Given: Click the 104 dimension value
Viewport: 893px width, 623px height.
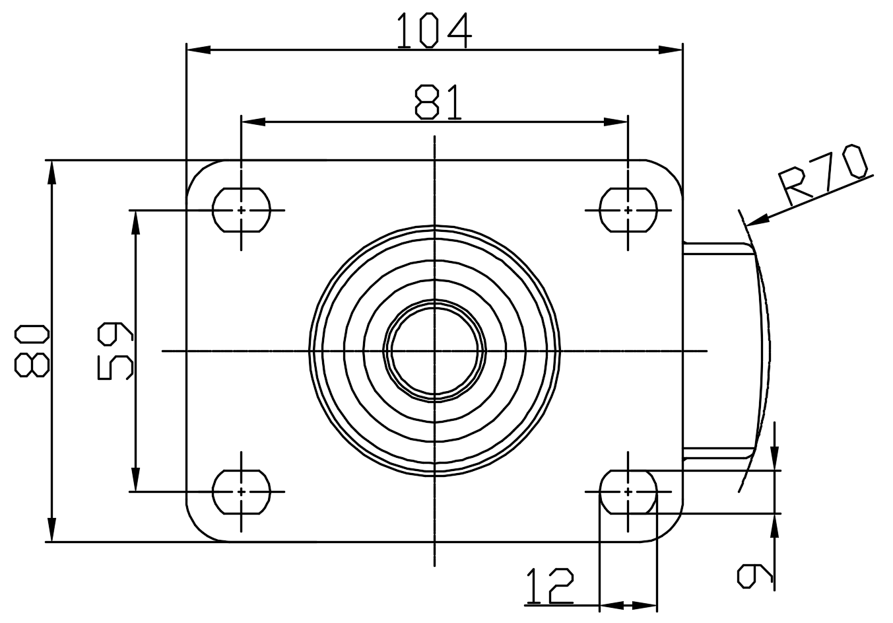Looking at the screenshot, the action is click(x=434, y=30).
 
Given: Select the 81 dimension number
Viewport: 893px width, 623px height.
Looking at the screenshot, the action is click(x=438, y=102).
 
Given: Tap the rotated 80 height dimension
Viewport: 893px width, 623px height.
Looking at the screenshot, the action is click(x=32, y=351).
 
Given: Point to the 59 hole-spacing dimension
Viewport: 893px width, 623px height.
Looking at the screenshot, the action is click(x=116, y=351).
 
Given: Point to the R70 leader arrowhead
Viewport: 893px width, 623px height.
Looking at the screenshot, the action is click(x=757, y=220).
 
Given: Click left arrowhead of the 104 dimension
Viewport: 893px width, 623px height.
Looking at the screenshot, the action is click(x=199, y=50).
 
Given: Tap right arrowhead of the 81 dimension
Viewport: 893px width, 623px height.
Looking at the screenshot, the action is click(x=616, y=122).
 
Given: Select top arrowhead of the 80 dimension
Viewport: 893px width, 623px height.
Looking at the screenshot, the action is click(x=52, y=172).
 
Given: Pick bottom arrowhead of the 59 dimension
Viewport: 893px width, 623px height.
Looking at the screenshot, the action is click(x=136, y=480).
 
